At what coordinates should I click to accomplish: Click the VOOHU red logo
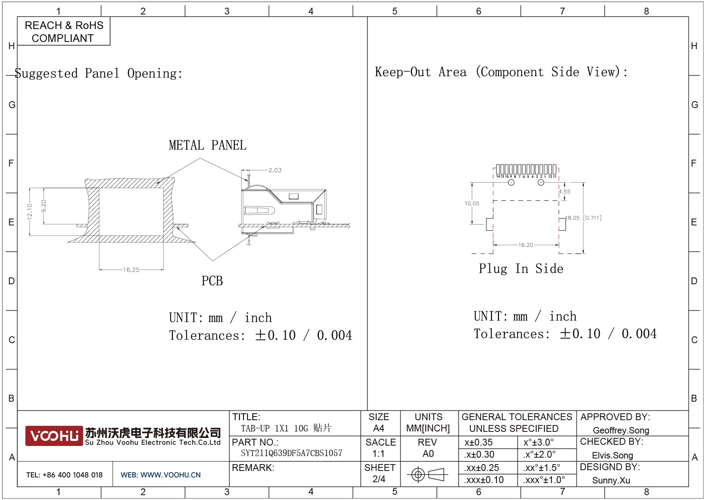(x=54, y=435)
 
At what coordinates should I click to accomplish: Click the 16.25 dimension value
(x=131, y=270)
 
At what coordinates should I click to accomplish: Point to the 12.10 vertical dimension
(x=29, y=211)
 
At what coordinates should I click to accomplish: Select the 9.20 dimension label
(x=44, y=206)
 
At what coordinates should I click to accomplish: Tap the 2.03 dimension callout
(x=275, y=170)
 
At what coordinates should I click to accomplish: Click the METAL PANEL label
(x=208, y=145)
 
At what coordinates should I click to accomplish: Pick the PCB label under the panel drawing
(x=212, y=281)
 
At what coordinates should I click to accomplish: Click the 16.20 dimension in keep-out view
(x=526, y=245)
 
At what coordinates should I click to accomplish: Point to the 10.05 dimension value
(x=472, y=203)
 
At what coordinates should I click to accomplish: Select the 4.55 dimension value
(x=564, y=192)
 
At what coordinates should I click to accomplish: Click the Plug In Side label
(x=521, y=269)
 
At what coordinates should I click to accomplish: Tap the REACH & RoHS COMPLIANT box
(x=64, y=31)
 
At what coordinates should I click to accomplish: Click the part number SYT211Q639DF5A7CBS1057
(x=291, y=453)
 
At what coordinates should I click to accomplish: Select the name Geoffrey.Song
(x=621, y=430)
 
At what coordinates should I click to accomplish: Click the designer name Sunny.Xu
(x=611, y=480)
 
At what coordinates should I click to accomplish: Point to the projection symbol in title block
(x=427, y=474)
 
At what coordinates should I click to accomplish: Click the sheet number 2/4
(x=379, y=479)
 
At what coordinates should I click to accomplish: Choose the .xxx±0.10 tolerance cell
(x=484, y=480)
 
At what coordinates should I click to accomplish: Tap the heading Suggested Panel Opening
(x=99, y=73)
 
